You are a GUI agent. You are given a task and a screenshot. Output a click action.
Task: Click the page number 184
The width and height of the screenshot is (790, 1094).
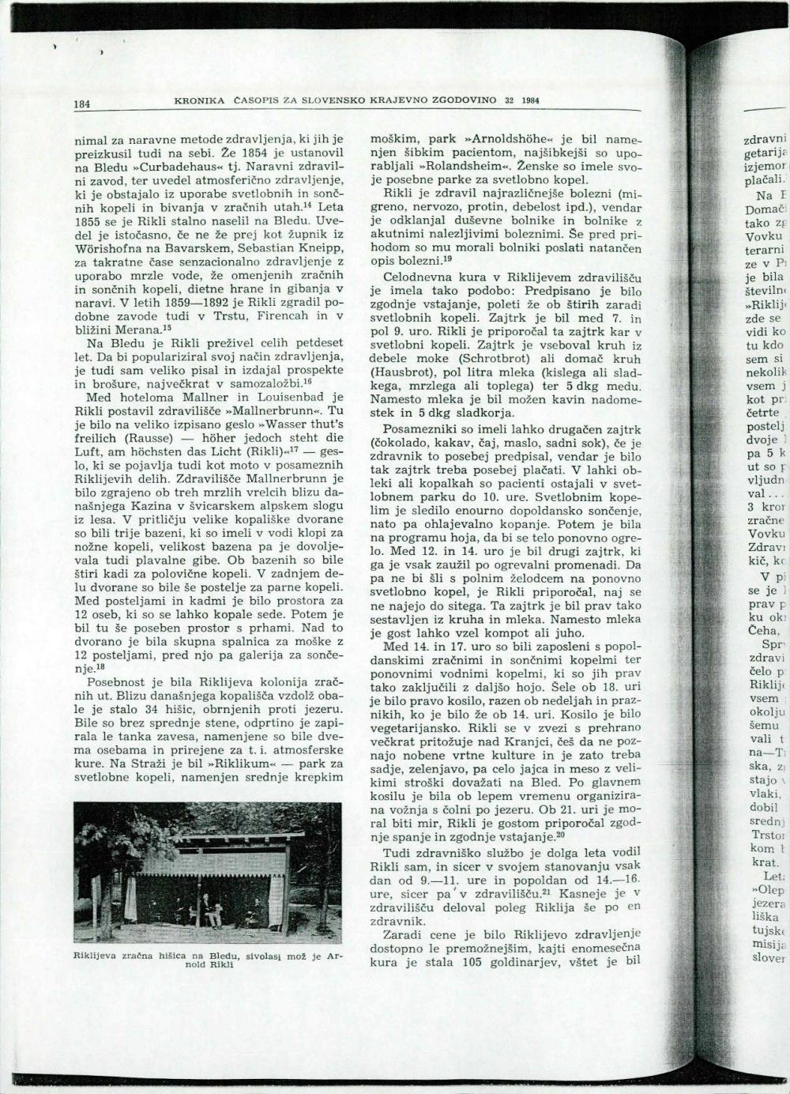coord(82,104)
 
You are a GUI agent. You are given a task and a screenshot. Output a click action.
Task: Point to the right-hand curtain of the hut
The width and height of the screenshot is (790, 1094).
coord(276,900)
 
